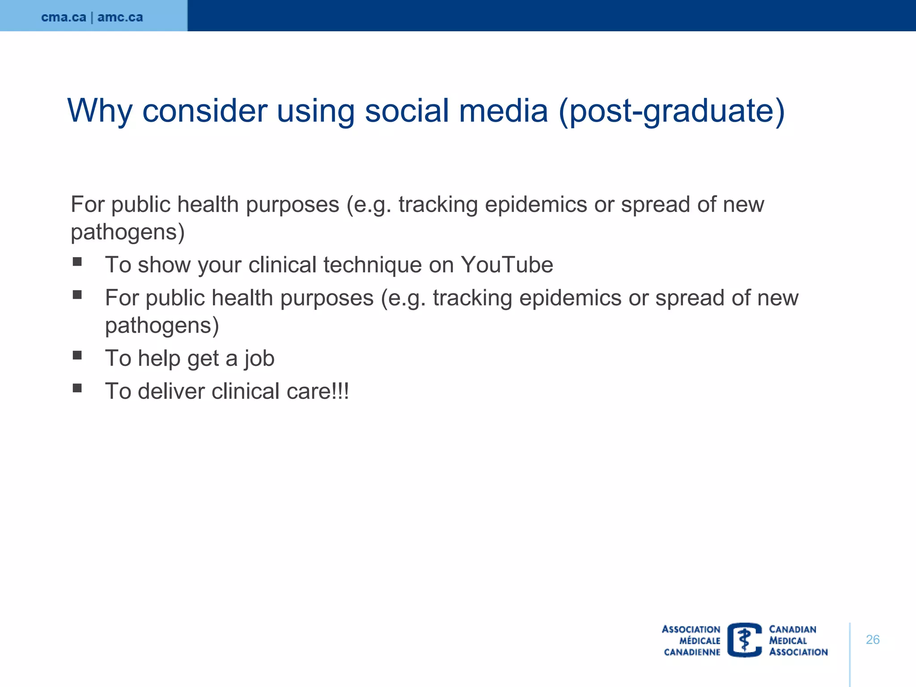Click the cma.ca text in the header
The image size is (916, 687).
click(64, 17)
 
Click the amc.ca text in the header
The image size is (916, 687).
click(120, 17)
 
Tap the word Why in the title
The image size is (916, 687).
click(99, 110)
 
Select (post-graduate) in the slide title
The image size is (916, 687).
click(672, 110)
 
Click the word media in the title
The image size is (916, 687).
click(503, 110)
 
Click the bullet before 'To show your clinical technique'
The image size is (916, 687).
click(77, 262)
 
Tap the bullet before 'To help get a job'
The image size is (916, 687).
click(77, 355)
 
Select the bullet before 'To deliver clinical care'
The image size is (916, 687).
click(77, 388)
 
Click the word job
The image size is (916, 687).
click(259, 359)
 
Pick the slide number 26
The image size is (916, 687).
click(873, 640)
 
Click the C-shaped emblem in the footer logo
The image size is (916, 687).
click(745, 640)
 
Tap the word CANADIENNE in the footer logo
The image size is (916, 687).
click(692, 652)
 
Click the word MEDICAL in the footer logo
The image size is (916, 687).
click(788, 640)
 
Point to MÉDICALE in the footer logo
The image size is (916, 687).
click(700, 640)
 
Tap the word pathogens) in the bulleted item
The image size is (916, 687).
click(162, 326)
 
